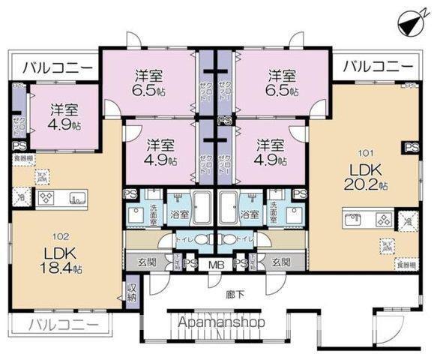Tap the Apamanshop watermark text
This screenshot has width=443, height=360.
pos(221,322)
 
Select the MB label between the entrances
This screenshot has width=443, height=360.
pos(216,263)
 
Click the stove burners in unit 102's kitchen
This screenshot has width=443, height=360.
pos(46,199)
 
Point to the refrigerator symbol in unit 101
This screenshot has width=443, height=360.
pos(406,220)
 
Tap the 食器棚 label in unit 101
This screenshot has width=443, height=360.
pos(405,265)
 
